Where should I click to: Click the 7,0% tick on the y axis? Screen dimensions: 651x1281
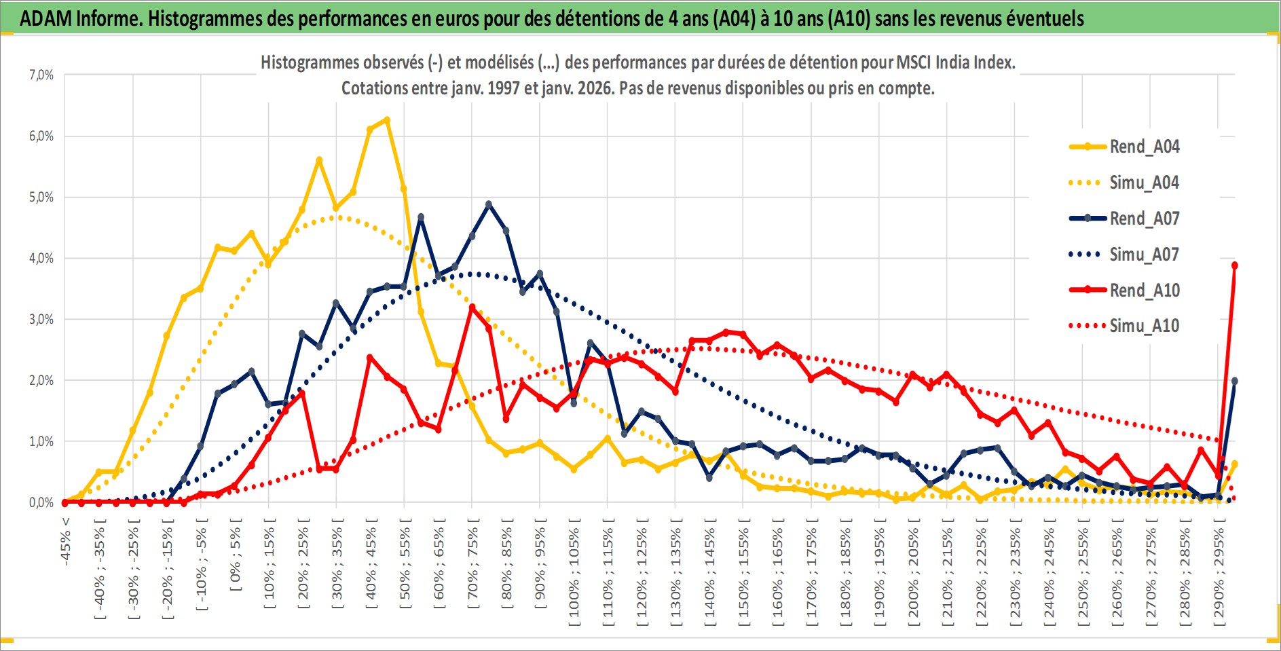[41, 75]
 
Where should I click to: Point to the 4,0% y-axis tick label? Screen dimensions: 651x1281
[41, 258]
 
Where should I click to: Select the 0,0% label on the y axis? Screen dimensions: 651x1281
[41, 502]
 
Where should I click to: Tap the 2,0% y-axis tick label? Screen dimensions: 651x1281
[41, 380]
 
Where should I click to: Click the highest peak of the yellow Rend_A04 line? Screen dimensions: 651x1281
[387, 119]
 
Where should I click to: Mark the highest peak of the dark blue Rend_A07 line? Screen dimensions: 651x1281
[489, 204]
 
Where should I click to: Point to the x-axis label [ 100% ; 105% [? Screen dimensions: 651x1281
[574, 570]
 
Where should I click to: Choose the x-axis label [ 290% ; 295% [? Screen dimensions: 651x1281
[1219, 570]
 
